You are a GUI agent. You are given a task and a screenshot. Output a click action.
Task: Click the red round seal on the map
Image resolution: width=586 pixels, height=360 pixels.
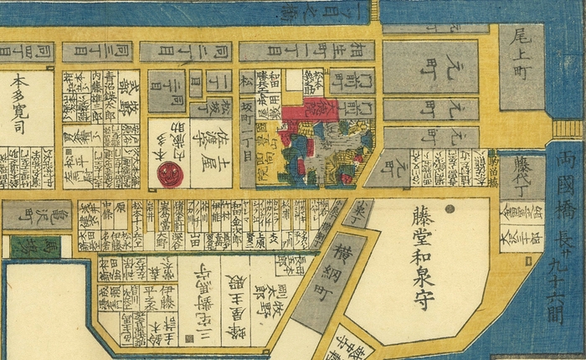point(170,174)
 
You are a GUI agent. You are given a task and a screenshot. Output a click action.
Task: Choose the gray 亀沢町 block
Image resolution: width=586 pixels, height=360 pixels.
point(36,215)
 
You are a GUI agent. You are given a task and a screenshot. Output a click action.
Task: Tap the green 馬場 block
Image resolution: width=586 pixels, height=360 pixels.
point(29,246)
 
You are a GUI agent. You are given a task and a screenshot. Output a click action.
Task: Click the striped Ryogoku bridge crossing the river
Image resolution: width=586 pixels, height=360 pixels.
point(568,129)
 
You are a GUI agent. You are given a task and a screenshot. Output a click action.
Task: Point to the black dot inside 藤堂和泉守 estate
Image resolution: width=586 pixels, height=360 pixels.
point(450,208)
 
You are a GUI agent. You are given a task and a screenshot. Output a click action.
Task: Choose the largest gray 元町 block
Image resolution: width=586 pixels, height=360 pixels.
point(430,66)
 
